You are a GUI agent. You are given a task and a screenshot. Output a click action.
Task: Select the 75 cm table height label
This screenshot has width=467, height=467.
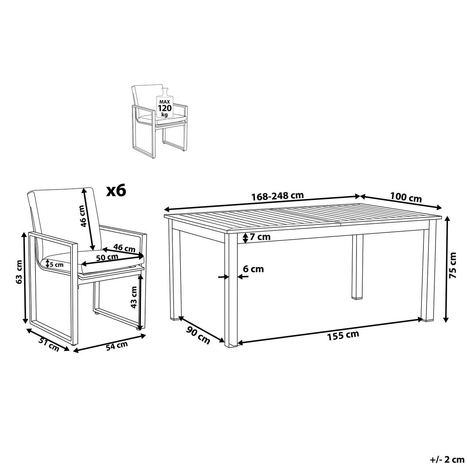pyautogui.click(x=453, y=265)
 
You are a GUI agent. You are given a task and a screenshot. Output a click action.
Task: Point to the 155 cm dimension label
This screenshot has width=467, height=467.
pyautogui.click(x=343, y=335)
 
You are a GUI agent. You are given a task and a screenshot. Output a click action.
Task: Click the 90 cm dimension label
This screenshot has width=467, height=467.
pyautogui.click(x=198, y=335)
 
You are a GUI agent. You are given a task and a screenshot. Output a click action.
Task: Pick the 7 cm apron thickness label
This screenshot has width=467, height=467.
pyautogui.click(x=260, y=237)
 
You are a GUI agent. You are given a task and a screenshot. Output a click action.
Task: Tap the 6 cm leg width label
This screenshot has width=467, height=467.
pyautogui.click(x=253, y=269)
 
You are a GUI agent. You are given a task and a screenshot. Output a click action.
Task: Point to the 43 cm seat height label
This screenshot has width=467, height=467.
pyautogui.click(x=133, y=297)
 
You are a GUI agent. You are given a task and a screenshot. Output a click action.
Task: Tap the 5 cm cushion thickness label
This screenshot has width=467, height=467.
pyautogui.click(x=56, y=264)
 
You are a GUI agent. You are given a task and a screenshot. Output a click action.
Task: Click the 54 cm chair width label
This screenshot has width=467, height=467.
pyautogui.click(x=117, y=346)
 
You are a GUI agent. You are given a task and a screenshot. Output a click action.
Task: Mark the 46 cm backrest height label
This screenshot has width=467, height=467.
pyautogui.click(x=83, y=216)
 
